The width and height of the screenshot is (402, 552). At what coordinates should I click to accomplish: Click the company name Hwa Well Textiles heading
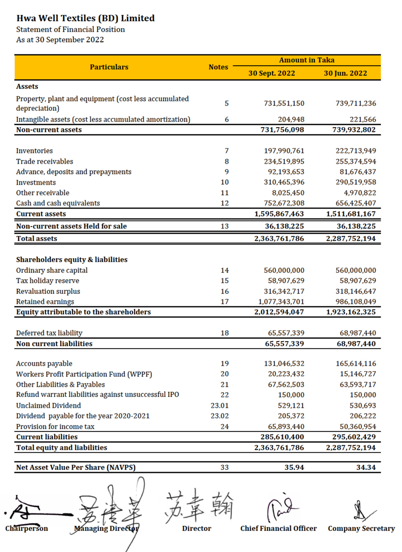(x=85, y=19)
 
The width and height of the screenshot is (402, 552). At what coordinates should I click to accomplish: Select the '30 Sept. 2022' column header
(x=272, y=73)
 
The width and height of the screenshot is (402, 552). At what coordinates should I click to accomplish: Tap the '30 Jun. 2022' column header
(x=345, y=73)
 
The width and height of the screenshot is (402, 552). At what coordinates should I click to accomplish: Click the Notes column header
(x=218, y=67)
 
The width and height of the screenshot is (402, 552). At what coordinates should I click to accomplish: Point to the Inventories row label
(x=34, y=151)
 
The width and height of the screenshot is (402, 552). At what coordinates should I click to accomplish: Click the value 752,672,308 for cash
(x=284, y=203)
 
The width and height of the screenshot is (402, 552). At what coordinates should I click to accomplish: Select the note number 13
(x=225, y=227)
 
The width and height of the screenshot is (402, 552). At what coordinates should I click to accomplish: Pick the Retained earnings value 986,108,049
(x=355, y=302)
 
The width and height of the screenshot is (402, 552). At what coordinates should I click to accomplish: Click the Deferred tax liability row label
(x=49, y=333)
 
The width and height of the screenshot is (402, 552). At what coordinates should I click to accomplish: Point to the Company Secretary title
(x=361, y=528)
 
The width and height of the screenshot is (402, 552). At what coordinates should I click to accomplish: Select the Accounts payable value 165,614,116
(x=355, y=364)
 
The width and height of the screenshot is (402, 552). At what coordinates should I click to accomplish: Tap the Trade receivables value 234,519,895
(x=284, y=162)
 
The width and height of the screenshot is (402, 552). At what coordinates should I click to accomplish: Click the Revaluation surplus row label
(x=48, y=291)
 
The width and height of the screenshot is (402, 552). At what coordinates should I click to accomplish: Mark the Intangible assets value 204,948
(x=291, y=120)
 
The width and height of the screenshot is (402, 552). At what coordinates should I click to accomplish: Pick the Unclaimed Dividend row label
(x=48, y=405)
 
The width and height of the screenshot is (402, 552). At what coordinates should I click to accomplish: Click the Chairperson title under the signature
(x=27, y=528)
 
